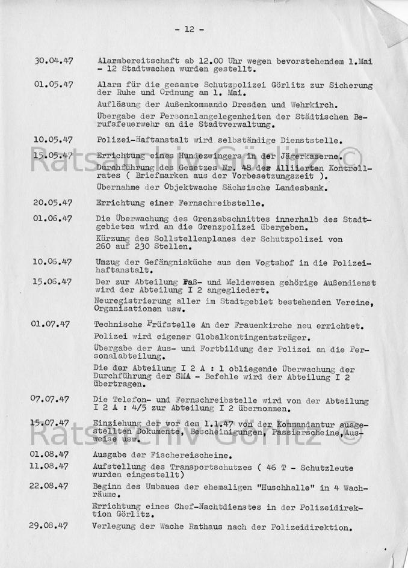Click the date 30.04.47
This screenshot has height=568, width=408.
coord(54,61)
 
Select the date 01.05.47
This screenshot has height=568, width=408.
coord(54,85)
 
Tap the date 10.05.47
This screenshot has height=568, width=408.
coord(54,140)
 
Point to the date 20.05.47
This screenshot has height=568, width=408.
coord(53,202)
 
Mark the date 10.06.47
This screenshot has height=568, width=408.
coord(53,261)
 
